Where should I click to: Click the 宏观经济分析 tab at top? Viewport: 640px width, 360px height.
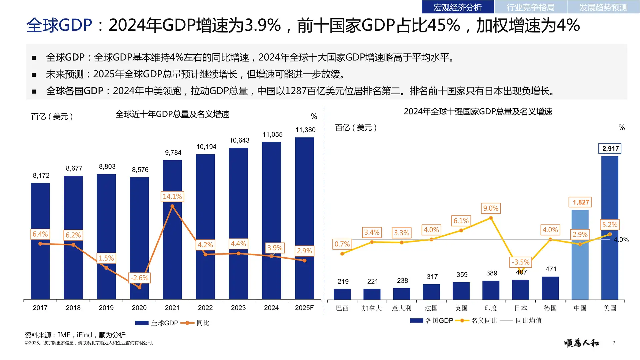[457, 7]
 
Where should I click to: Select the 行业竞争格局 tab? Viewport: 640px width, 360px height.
[530, 7]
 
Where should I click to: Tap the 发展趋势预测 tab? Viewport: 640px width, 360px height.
[603, 7]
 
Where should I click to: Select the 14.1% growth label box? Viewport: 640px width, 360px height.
[172, 197]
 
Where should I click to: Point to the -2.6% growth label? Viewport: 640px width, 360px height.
[139, 278]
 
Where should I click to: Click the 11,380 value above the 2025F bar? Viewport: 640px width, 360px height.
[305, 130]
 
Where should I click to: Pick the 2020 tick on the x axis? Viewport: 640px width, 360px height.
[139, 308]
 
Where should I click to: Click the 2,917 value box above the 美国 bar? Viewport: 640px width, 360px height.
[610, 149]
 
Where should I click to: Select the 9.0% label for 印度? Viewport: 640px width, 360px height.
[491, 208]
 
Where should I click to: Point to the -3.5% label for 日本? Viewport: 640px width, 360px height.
[520, 262]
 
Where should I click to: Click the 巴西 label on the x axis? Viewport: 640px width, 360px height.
[342, 308]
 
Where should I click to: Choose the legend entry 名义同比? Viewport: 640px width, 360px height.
[484, 321]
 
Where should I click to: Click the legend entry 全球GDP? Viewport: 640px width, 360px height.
[164, 323]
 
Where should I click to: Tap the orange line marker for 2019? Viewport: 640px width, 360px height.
[106, 268]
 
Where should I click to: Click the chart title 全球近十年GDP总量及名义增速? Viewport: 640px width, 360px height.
[172, 114]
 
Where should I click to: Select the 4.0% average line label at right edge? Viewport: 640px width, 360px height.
[621, 240]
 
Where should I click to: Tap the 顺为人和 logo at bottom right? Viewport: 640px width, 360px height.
[581, 343]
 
